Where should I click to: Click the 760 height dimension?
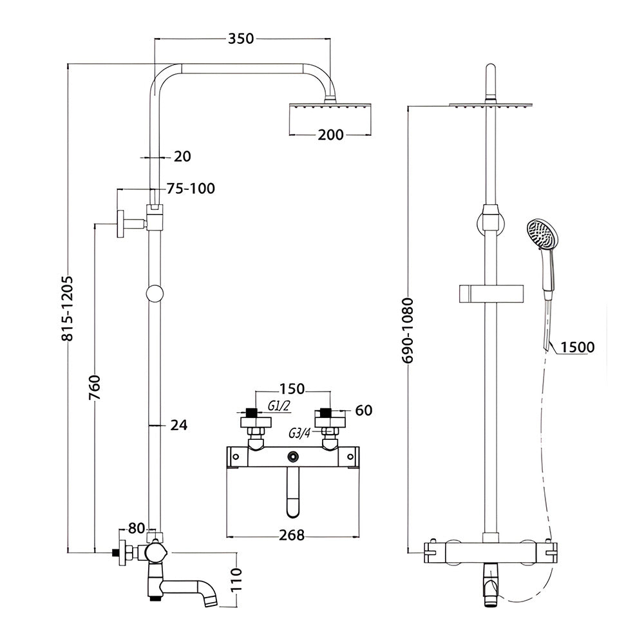96,387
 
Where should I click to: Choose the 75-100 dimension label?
190,189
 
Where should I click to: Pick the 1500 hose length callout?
577,347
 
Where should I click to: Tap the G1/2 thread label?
278,406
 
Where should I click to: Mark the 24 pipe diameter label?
180,424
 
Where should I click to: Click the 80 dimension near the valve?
136,529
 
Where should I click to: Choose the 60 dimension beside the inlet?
363,410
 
